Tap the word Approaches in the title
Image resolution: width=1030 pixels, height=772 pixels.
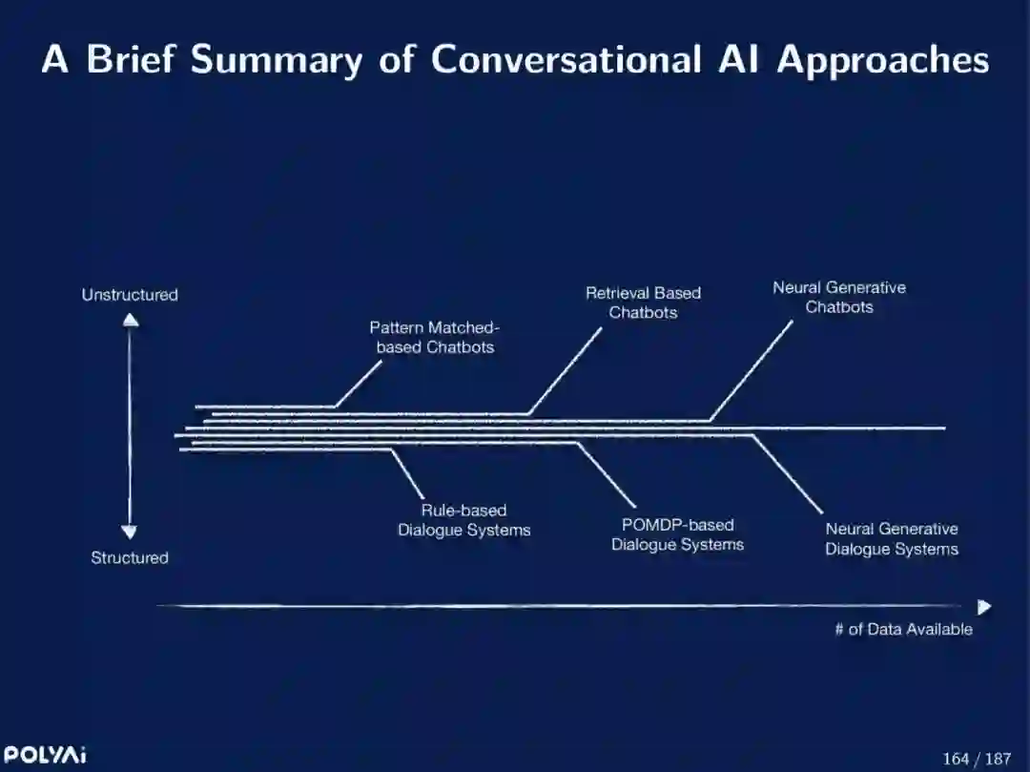tap(882, 61)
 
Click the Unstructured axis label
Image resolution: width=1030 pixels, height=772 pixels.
tap(130, 295)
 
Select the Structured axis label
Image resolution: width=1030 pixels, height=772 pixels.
tap(130, 557)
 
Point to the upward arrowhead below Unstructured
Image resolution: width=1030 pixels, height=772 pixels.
tap(131, 320)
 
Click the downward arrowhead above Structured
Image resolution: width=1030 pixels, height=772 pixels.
tap(130, 532)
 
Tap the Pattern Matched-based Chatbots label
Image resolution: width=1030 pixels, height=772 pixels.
tap(435, 337)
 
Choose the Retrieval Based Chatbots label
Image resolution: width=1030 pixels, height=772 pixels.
tap(643, 303)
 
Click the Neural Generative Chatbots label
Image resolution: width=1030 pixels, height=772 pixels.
tap(839, 297)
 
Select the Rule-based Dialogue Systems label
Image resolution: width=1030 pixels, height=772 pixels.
tap(463, 520)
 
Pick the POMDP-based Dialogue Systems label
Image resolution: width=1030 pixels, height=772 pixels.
tap(677, 534)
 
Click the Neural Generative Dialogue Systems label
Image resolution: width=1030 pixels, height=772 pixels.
tap(892, 538)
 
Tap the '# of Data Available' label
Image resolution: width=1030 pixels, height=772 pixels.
tap(903, 629)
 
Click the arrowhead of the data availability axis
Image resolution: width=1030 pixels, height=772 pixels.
tap(984, 607)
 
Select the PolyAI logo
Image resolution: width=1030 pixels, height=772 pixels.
tap(44, 755)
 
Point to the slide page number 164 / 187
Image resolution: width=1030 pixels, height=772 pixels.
tap(976, 759)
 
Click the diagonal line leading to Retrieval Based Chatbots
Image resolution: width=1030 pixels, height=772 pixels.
tap(566, 370)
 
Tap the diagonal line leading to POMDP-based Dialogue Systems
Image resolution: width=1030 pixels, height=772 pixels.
tap(607, 474)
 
